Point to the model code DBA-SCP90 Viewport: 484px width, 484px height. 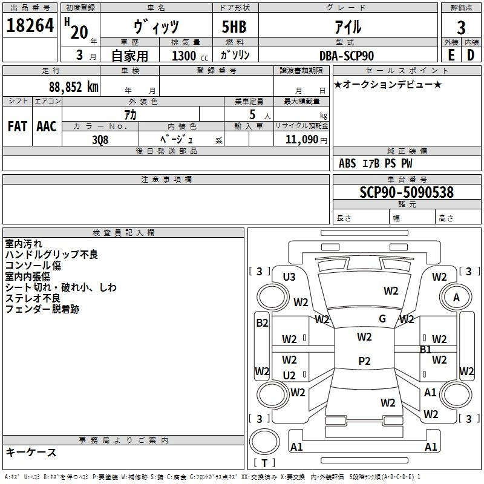pyautogui.click(x=347, y=56)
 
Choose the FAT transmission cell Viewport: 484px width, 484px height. pyautogui.click(x=18, y=126)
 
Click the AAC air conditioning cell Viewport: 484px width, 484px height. pyautogui.click(x=46, y=126)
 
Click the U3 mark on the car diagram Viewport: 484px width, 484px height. pyautogui.click(x=289, y=277)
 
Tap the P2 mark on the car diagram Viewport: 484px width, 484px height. pyautogui.click(x=364, y=361)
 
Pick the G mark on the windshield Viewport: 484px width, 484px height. pyautogui.click(x=382, y=319)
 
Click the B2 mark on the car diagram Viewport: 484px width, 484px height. pyautogui.click(x=262, y=323)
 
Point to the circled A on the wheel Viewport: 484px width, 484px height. pyautogui.click(x=457, y=298)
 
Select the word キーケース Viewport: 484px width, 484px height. pyautogui.click(x=31, y=453)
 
